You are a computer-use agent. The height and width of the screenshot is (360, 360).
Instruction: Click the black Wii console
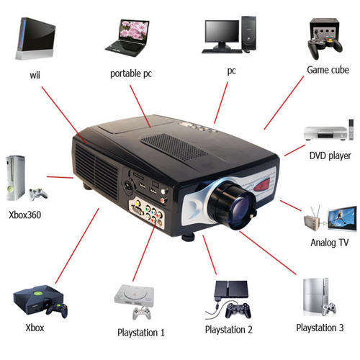(x=36, y=38)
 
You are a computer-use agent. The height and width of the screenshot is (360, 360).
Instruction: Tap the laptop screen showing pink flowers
(x=134, y=31)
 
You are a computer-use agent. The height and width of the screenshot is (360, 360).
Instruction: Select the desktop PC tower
(x=248, y=33)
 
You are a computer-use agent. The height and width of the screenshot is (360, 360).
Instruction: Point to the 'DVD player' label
(x=330, y=156)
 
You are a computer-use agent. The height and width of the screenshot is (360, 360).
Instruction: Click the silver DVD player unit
(x=325, y=133)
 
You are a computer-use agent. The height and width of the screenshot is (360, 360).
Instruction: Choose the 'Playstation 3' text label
(x=320, y=328)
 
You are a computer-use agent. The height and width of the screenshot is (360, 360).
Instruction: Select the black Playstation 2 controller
(x=238, y=310)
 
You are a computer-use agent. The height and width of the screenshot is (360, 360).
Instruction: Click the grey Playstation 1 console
(x=134, y=294)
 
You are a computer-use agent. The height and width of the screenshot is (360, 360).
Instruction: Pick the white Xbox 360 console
(x=16, y=178)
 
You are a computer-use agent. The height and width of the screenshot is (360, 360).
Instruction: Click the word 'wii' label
(x=35, y=75)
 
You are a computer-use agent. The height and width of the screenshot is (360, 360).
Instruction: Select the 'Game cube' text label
(x=328, y=70)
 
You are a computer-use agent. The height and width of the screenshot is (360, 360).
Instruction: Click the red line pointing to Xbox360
(x=60, y=177)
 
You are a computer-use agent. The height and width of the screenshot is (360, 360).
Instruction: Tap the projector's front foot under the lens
(x=188, y=237)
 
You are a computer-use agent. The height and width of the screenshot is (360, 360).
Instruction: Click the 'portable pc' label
(x=131, y=74)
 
